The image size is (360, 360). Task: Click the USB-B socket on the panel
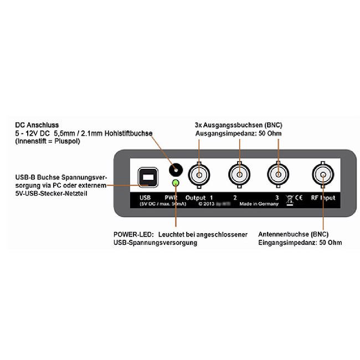(x=147, y=177)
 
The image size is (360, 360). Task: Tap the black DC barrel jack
(x=176, y=170)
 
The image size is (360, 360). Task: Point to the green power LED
(x=176, y=183)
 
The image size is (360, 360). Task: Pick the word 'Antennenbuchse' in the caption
(x=283, y=234)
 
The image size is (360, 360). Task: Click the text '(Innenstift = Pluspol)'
(x=49, y=142)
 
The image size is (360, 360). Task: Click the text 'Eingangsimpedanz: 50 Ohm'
(x=300, y=243)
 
